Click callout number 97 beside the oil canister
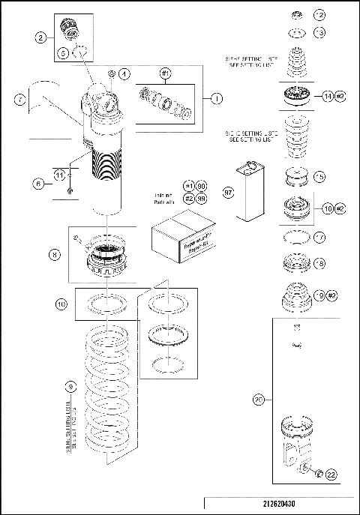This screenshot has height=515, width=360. click(x=229, y=192)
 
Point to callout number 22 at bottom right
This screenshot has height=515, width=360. click(x=331, y=473)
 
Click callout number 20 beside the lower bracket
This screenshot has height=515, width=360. click(x=258, y=400)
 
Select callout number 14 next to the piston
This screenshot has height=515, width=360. click(x=327, y=95)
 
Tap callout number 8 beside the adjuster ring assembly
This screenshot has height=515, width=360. click(x=55, y=254)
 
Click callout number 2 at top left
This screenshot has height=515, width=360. click(x=40, y=37)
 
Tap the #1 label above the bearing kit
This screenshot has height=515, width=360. click(x=166, y=73)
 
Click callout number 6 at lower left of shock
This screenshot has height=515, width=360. click(x=37, y=181)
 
